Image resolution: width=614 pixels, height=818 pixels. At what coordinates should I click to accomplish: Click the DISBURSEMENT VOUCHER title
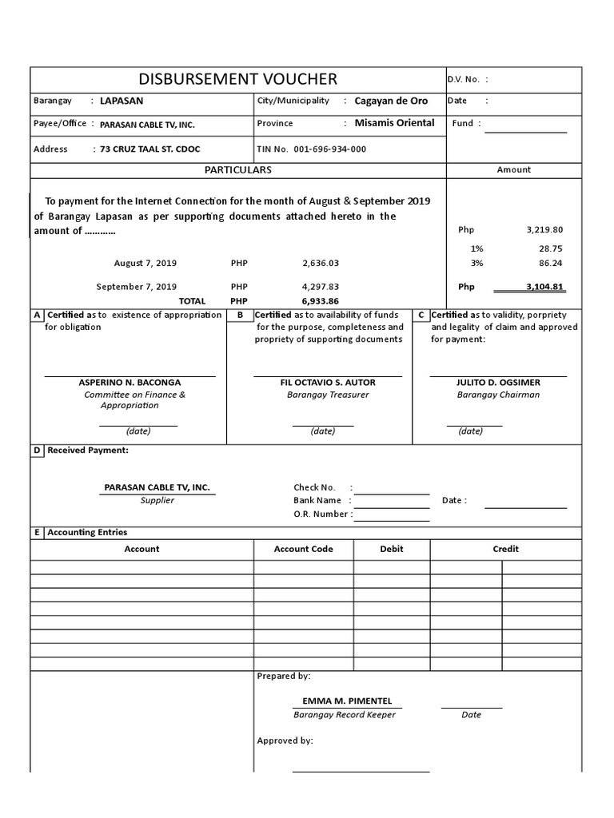pos(238,78)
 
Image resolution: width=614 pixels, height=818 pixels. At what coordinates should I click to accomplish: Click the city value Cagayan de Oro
pos(391,101)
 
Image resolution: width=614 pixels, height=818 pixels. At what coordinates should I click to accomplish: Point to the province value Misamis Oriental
pos(394,123)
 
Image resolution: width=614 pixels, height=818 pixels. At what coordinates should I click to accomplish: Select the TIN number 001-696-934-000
pos(330,149)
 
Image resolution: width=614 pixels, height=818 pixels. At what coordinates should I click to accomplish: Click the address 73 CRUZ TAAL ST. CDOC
pos(150,149)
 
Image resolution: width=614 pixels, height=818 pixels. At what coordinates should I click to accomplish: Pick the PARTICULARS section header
pos(237,169)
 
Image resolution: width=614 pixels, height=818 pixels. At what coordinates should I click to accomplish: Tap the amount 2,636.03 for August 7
pos(321,263)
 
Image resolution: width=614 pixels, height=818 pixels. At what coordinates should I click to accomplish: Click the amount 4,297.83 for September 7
pos(321,286)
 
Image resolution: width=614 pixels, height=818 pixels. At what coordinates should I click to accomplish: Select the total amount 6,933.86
pos(321,301)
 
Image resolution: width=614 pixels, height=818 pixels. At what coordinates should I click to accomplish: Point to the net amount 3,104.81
pos(544,286)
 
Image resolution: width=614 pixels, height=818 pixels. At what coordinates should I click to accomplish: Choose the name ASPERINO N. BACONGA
pos(130,383)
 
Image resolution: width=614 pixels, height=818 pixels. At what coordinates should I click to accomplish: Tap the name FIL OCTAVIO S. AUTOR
pos(328,383)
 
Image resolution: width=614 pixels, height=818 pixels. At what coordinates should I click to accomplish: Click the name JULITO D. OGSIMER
pos(498,383)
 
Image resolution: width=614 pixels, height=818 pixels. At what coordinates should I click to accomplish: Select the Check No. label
pos(314,487)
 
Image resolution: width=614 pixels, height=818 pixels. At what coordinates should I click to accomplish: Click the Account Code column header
pos(303,549)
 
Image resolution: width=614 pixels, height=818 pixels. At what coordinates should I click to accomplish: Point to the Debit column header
pos(392,549)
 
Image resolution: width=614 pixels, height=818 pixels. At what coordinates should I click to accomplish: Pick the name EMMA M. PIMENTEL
pos(347,701)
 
